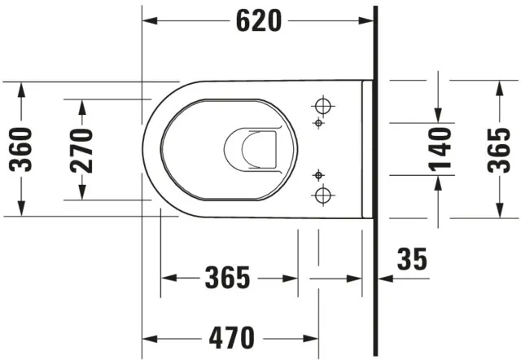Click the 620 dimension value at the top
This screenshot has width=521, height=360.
[x=259, y=21]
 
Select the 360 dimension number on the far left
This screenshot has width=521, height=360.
[x=21, y=149]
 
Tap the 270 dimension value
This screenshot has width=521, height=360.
[x=81, y=150]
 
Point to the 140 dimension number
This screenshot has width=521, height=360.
[x=440, y=149]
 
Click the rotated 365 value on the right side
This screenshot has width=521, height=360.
[x=498, y=149]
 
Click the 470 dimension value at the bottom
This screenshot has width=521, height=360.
[x=230, y=336]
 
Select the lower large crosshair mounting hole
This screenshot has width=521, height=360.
[x=323, y=194]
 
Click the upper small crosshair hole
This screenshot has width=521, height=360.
[x=318, y=123]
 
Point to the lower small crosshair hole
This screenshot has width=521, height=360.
[x=318, y=175]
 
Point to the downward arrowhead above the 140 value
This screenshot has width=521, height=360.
[x=440, y=114]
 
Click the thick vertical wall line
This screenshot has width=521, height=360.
[x=376, y=179]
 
